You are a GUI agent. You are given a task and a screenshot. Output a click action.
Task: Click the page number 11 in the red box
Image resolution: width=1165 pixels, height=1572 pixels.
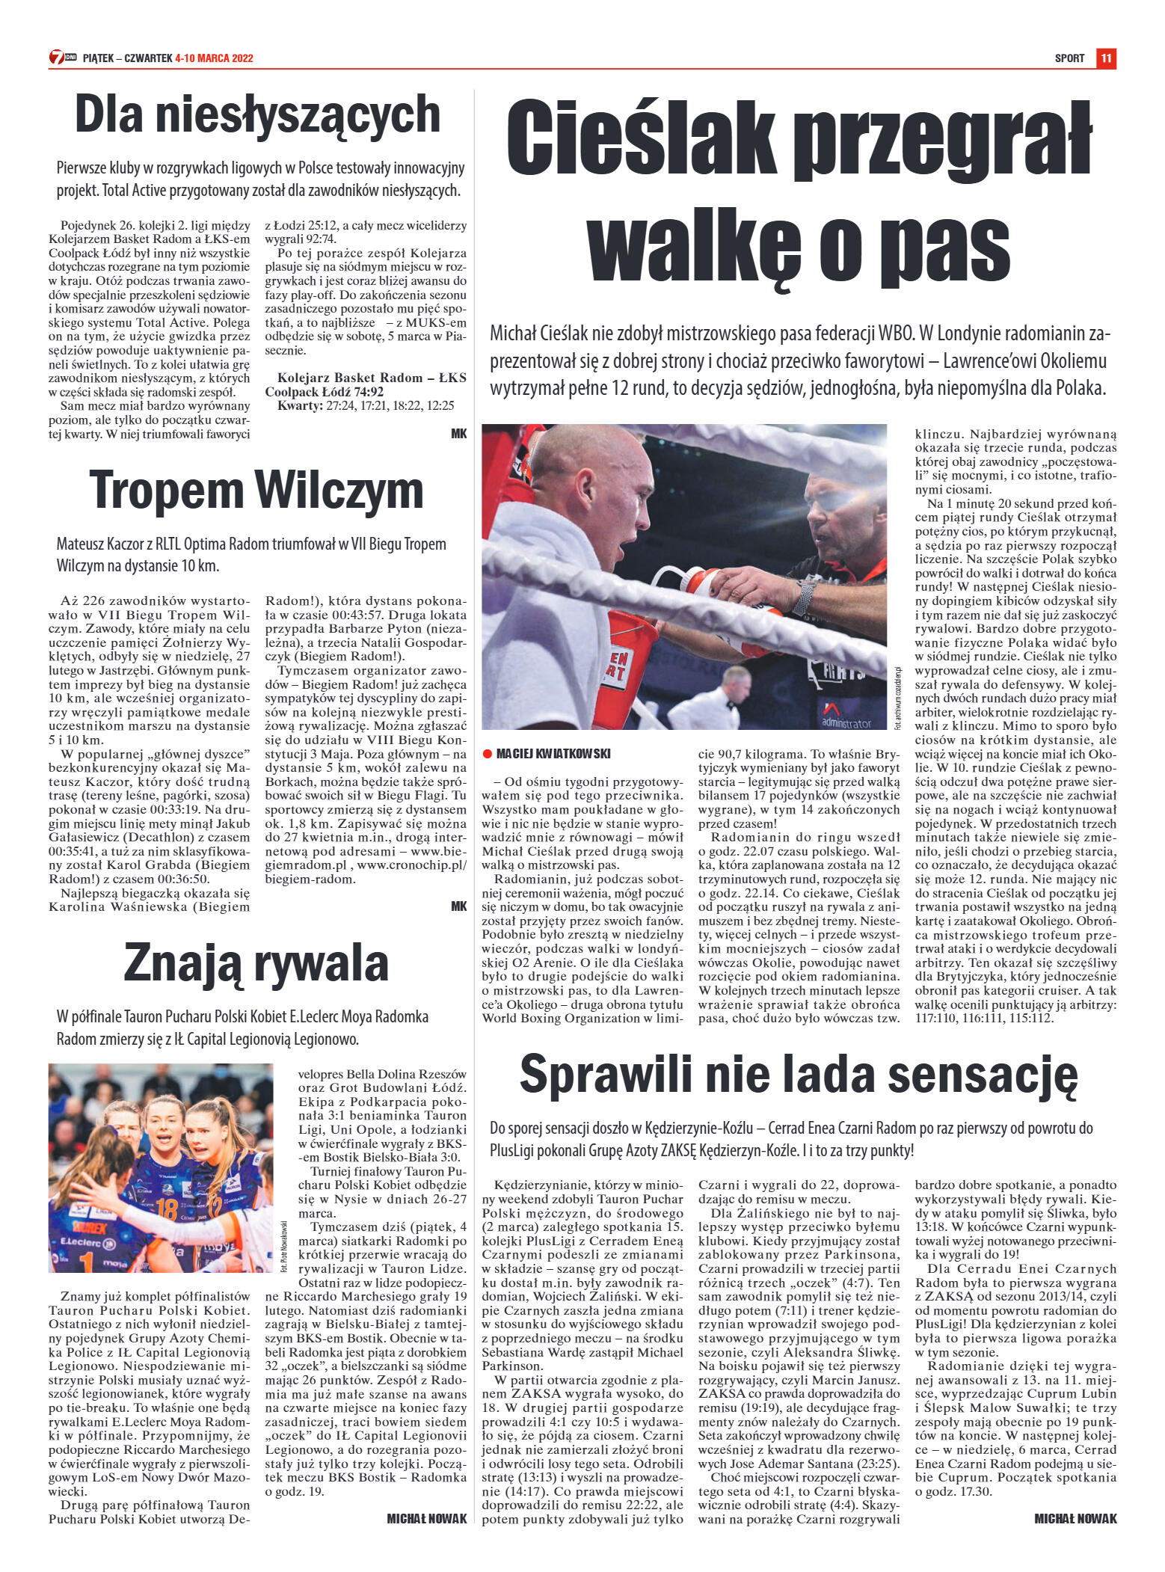click(x=1106, y=58)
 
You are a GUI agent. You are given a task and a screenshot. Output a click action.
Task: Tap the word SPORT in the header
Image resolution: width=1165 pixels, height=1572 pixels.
click(x=1069, y=58)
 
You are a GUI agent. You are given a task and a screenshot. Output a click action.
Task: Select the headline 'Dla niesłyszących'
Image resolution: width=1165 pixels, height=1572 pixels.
click(x=257, y=114)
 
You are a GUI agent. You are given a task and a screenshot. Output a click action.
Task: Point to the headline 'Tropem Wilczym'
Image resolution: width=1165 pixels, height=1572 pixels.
click(x=256, y=490)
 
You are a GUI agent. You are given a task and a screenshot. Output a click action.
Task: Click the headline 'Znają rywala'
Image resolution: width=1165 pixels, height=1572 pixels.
click(x=256, y=962)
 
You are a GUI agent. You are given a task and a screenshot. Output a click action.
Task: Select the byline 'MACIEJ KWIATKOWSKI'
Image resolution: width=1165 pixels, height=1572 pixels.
click(x=553, y=753)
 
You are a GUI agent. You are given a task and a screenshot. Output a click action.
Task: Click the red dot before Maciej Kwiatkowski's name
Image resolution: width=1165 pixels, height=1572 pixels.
click(x=487, y=753)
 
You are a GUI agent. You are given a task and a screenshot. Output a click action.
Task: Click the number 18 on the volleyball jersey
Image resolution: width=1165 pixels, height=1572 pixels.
click(x=166, y=1209)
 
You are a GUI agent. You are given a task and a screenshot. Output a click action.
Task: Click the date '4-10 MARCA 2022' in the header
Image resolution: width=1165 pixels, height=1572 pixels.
click(x=214, y=58)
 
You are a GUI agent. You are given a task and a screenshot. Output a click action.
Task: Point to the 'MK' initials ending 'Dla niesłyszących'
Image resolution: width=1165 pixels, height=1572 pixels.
click(x=458, y=433)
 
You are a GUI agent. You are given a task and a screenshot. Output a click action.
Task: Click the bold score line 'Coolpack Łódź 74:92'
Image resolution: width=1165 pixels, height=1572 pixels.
click(x=325, y=392)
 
